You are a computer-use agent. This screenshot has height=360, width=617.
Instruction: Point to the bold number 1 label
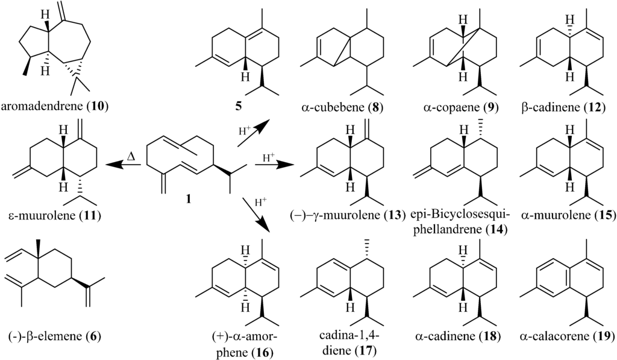(x=189, y=198)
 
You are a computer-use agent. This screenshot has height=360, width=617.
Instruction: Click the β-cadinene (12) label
(x=563, y=109)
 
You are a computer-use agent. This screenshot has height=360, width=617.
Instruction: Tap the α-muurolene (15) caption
(x=564, y=215)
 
